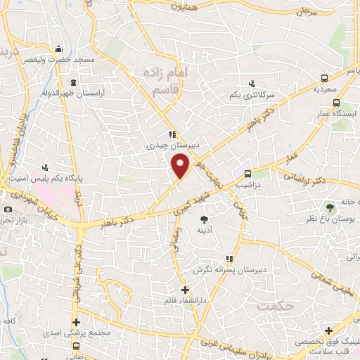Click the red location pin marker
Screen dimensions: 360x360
(180, 165)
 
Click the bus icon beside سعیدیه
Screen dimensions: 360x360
(324, 79)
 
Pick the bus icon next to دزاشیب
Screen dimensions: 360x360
(247, 174)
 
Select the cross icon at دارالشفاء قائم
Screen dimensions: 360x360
(184, 290)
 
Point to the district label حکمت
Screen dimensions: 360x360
(274, 306)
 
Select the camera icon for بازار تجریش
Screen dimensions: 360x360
(8, 210)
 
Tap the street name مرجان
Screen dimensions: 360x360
(306, 12)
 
